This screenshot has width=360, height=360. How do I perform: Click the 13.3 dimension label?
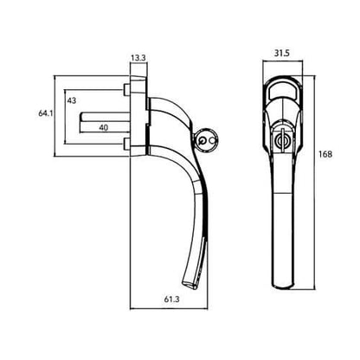[x=138, y=58]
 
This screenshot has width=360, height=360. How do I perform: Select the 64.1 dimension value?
[x=46, y=113]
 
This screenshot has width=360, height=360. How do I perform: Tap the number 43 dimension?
[x=72, y=100]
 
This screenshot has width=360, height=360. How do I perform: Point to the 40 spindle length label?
[x=104, y=127]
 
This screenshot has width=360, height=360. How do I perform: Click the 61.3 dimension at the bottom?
[x=172, y=299]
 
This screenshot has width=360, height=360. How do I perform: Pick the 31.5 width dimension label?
[x=282, y=54]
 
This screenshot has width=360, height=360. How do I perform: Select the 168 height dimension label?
[x=325, y=154]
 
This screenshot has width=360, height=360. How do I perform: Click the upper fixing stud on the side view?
[x=126, y=90]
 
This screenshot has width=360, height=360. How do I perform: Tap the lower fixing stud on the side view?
[x=126, y=144]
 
